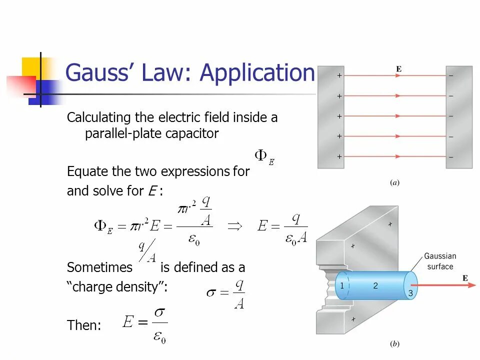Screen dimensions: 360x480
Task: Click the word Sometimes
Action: pyautogui.click(x=99, y=267)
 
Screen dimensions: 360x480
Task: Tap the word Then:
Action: pyautogui.click(x=84, y=326)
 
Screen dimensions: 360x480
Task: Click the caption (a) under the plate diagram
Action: pyautogui.click(x=394, y=183)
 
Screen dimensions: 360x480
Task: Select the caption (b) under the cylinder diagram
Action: pyautogui.click(x=394, y=344)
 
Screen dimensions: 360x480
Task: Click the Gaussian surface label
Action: pyautogui.click(x=440, y=261)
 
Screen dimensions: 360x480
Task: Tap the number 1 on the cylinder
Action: pyautogui.click(x=342, y=285)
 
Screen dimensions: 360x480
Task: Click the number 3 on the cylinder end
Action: pyautogui.click(x=410, y=293)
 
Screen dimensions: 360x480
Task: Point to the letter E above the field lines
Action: pyautogui.click(x=398, y=69)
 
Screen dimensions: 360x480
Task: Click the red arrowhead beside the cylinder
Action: pyautogui.click(x=471, y=285)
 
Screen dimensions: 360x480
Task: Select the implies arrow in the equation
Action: pyautogui.click(x=234, y=226)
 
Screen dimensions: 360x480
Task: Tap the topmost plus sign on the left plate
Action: pyautogui.click(x=339, y=75)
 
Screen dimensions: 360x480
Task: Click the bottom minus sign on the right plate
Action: pyautogui.click(x=451, y=156)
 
